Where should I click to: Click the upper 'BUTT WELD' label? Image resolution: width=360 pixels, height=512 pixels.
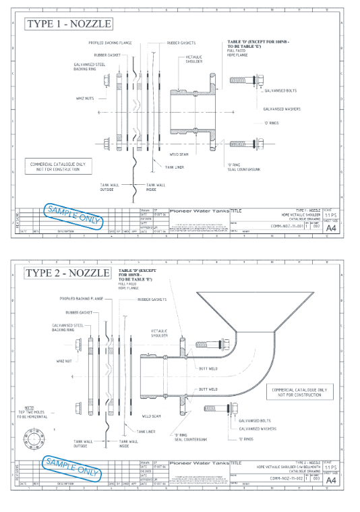pos(208,368)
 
